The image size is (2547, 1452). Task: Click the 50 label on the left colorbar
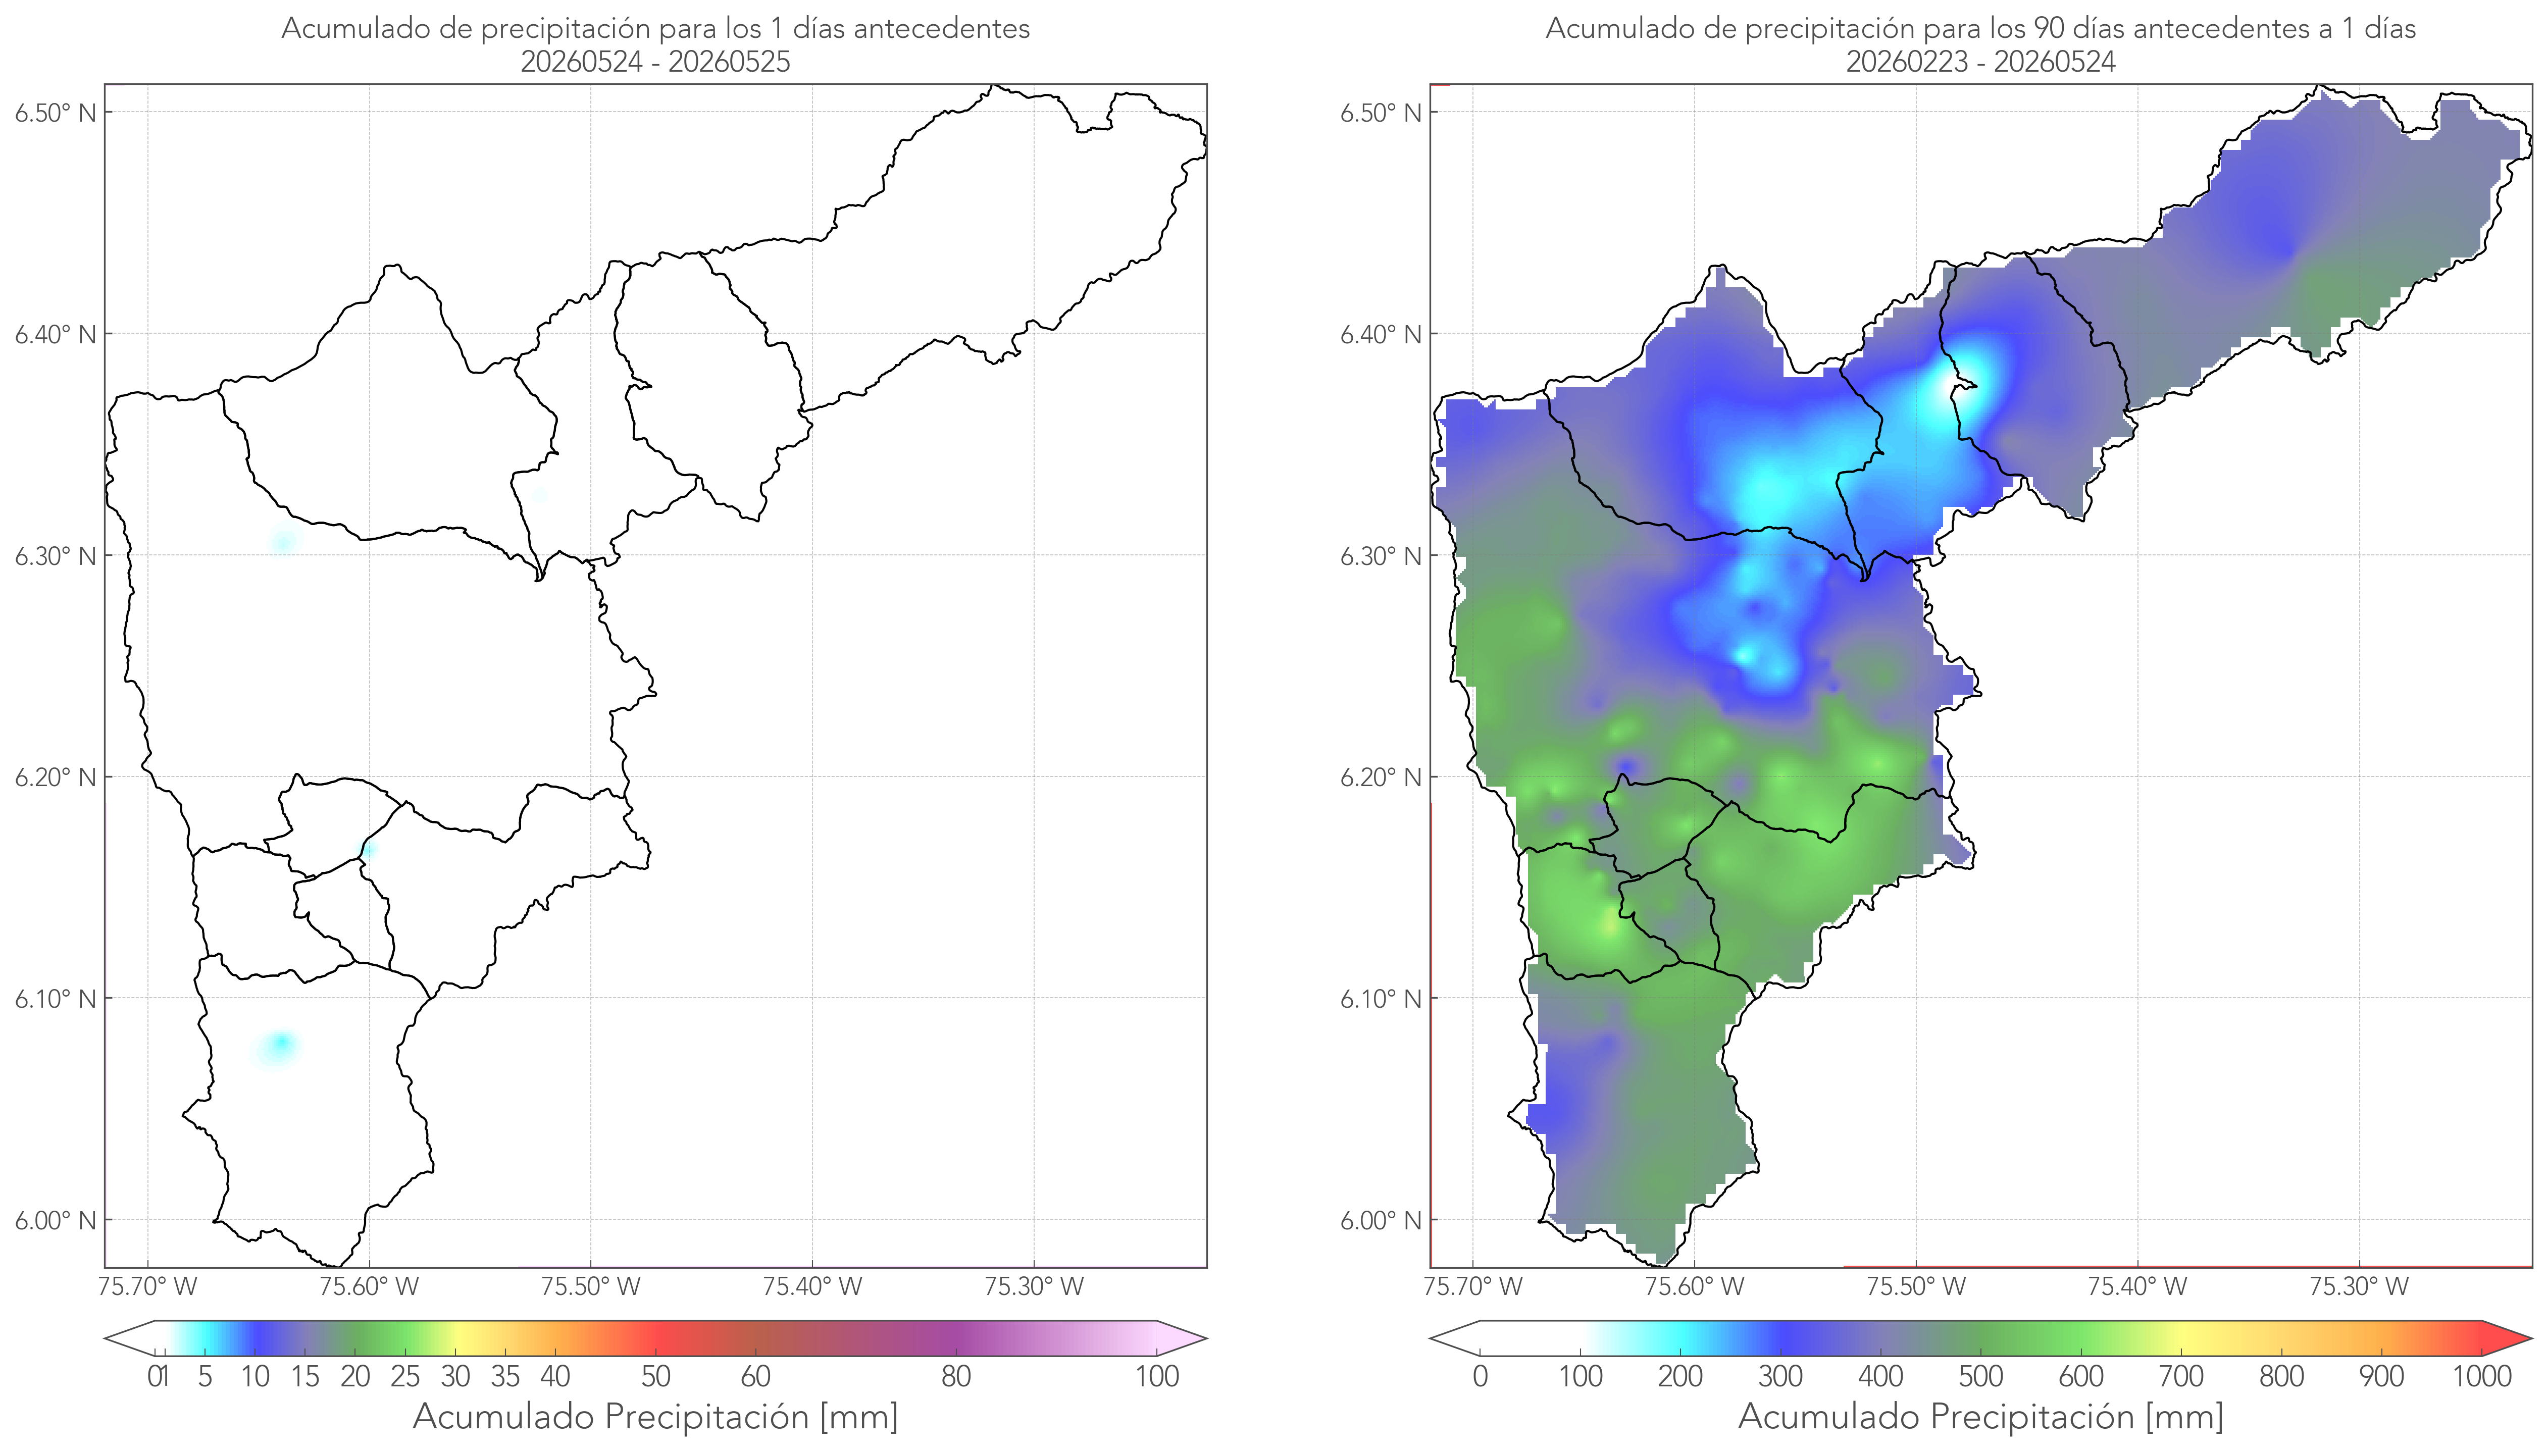655,1376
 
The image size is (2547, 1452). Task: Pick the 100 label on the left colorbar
1157,1376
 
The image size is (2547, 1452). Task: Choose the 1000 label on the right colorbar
2481,1376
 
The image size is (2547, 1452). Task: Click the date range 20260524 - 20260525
655,62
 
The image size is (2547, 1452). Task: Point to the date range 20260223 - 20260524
1980,62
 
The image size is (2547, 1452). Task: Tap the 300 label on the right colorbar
1780,1376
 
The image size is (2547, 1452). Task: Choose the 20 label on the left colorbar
355,1376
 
